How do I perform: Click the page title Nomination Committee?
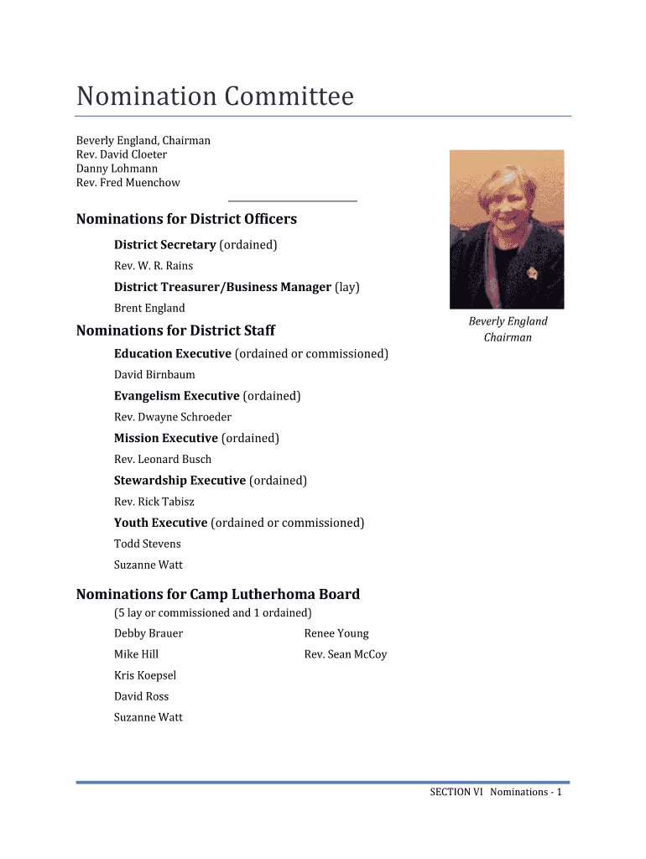click(x=215, y=97)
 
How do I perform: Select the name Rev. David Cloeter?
click(x=122, y=154)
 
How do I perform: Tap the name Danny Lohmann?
click(x=117, y=169)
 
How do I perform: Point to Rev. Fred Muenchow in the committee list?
click(x=128, y=183)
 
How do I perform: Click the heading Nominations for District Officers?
click(x=186, y=219)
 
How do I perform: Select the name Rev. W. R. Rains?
click(x=154, y=266)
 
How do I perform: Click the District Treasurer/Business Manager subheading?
click(x=222, y=287)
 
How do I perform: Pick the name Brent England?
click(x=149, y=308)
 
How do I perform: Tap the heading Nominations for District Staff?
click(x=175, y=331)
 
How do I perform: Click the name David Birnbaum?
click(x=154, y=375)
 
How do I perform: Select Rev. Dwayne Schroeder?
click(x=173, y=417)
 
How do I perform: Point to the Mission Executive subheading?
click(x=166, y=438)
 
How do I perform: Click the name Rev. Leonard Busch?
click(x=163, y=460)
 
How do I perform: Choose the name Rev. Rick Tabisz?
click(x=154, y=502)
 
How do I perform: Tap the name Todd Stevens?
click(x=148, y=544)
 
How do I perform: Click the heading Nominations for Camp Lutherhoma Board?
click(x=218, y=594)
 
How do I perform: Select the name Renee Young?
click(x=336, y=633)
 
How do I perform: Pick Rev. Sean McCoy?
click(x=346, y=654)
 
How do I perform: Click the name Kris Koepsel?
click(x=145, y=675)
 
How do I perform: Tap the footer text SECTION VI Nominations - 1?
click(x=495, y=792)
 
